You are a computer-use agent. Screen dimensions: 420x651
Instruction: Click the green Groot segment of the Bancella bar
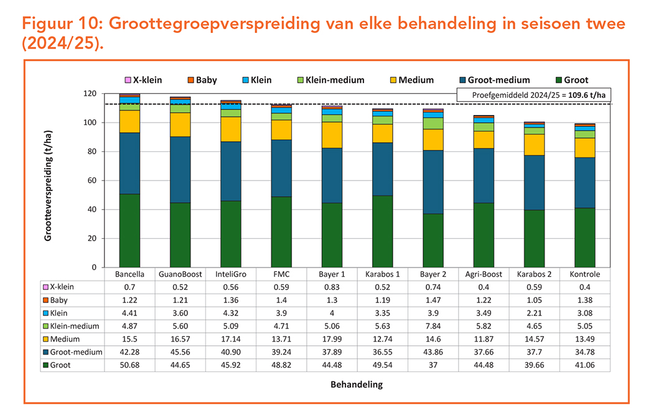[129, 230]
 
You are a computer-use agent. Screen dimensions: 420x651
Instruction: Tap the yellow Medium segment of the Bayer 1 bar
[332, 134]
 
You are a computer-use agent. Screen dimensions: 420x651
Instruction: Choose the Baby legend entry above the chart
[202, 80]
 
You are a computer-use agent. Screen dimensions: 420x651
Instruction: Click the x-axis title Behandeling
[356, 385]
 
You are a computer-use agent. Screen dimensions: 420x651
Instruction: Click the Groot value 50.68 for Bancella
[129, 365]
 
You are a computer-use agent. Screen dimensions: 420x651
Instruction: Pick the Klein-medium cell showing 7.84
[433, 326]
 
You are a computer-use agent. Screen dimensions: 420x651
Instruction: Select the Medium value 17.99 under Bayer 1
[332, 339]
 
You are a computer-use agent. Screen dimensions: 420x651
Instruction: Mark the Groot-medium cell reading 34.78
[585, 352]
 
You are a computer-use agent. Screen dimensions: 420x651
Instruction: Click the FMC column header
[281, 274]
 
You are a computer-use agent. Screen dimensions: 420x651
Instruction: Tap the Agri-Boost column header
[484, 274]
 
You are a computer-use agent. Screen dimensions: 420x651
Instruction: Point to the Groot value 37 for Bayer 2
[433, 365]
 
